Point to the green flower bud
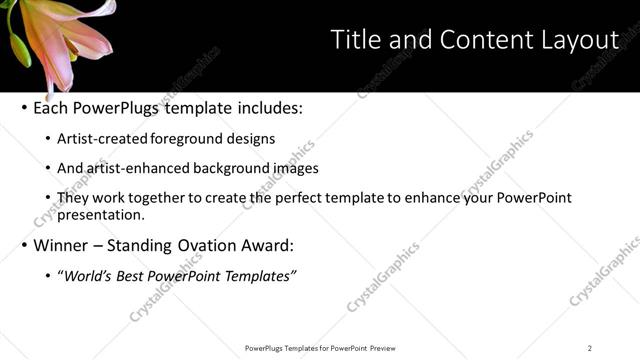19,45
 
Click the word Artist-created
98,139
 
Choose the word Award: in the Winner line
267,245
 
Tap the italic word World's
86,275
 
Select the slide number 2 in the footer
589,348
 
